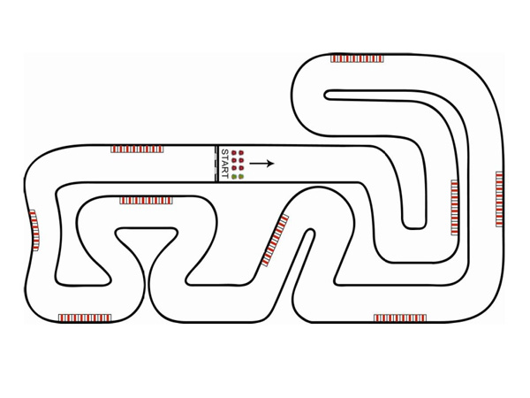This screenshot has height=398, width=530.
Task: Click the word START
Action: pyautogui.click(x=224, y=164)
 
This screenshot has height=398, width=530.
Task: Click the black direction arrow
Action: pyautogui.click(x=261, y=163)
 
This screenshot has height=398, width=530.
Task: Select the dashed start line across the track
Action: pyautogui.click(x=216, y=164)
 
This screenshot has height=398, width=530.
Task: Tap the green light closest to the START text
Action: pyautogui.click(x=234, y=176)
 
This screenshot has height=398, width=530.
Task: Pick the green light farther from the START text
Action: pyautogui.click(x=241, y=176)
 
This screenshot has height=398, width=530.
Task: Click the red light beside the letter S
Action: pyautogui.click(x=234, y=152)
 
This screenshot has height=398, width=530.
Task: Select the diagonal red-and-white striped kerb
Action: pyautogui.click(x=276, y=241)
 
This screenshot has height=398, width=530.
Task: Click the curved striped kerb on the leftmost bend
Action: pyautogui.click(x=34, y=230)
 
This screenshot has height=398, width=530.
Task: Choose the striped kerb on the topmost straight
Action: pyautogui.click(x=357, y=58)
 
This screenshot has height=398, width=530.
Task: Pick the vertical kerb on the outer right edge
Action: pyautogui.click(x=500, y=199)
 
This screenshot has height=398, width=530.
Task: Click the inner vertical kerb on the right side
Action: pyautogui.click(x=455, y=207)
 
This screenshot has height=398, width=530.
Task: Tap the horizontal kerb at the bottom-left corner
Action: pyautogui.click(x=85, y=317)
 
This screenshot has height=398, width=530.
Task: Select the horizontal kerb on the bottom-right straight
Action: pyautogui.click(x=399, y=318)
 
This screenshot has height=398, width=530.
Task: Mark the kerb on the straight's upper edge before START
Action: pyautogui.click(x=137, y=149)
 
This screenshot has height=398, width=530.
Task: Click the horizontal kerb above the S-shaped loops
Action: pyautogui.click(x=146, y=201)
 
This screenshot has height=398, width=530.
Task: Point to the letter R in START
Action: pyautogui.click(x=224, y=170)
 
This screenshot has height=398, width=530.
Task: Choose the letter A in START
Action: pyautogui.click(x=224, y=163)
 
